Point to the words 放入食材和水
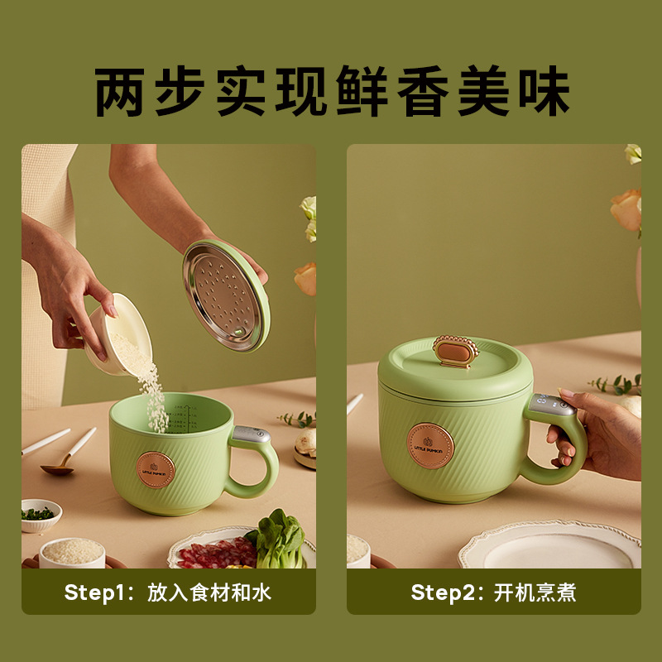pos(209,592)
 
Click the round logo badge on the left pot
pos(156,470)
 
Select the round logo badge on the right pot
pos(430,446)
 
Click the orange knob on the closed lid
pos(456,352)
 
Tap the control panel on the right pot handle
pos(554,405)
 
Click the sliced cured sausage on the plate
pos(215,554)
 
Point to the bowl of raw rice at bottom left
pos(72,552)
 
